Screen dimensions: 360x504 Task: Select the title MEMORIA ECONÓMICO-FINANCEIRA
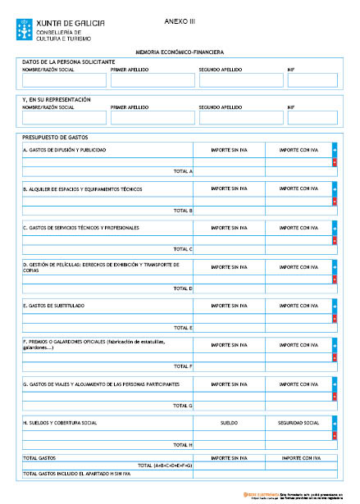(x=180, y=52)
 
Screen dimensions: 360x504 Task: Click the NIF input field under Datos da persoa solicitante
(x=312, y=80)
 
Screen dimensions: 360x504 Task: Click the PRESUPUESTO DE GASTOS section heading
(x=54, y=137)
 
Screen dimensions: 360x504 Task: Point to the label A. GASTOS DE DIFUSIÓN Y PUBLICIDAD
(x=65, y=150)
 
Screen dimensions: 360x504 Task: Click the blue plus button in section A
(x=335, y=150)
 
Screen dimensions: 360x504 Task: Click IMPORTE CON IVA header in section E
(x=298, y=305)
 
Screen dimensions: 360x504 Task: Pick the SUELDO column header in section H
(x=229, y=423)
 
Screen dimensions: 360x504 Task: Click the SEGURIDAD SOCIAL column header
(x=298, y=423)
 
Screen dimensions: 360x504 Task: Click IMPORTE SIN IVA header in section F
(x=229, y=344)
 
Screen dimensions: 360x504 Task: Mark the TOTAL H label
(x=183, y=445)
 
